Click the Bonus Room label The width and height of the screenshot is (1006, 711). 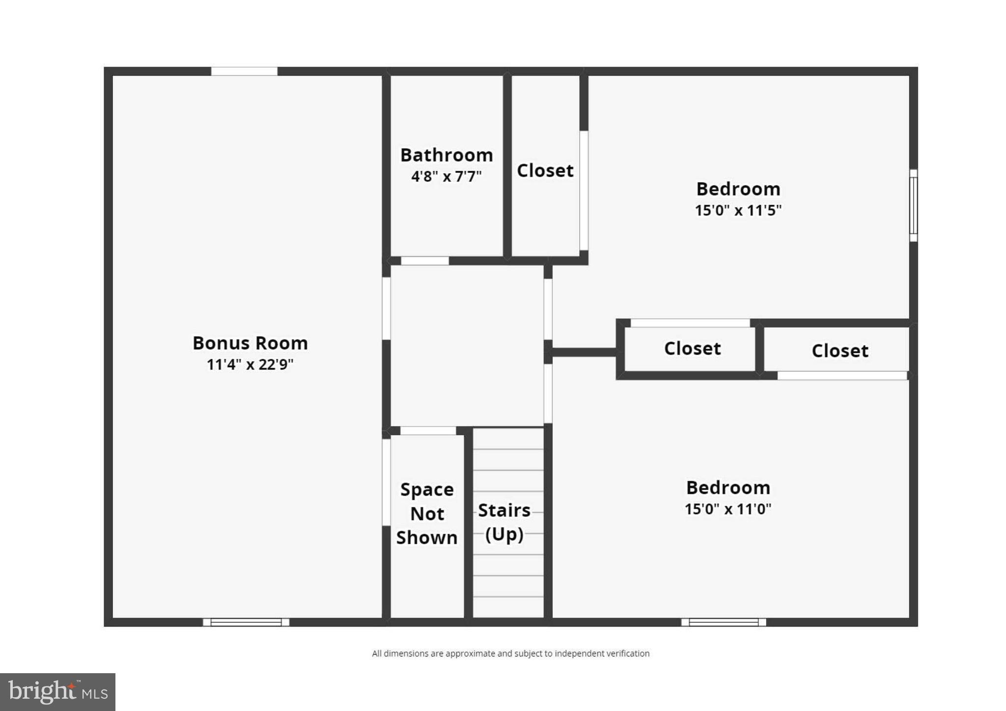250,343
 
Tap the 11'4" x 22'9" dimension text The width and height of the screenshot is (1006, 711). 250,364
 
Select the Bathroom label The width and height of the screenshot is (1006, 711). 447,155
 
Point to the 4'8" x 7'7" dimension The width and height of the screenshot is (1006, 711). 447,176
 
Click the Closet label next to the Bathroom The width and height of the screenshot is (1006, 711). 545,170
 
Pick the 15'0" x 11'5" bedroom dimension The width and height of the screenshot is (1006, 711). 738,210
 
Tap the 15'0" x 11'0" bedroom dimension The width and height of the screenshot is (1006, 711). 728,509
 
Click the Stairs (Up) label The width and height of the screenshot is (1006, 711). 504,522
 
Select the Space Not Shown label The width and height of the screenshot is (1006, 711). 427,513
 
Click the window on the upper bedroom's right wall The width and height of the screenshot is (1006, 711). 913,206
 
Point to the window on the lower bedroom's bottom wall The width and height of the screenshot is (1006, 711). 724,622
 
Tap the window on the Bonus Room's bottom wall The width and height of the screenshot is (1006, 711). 246,622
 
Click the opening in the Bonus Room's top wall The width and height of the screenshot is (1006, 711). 244,71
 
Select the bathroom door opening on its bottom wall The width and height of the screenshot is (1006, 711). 425,261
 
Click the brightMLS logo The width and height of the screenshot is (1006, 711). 58,692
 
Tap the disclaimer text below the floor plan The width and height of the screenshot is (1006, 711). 510,654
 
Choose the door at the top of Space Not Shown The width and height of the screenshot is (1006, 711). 428,431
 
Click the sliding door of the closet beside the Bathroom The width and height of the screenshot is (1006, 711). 584,191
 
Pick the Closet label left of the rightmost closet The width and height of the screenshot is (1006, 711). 693,349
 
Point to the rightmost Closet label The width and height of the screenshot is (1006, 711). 840,351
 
